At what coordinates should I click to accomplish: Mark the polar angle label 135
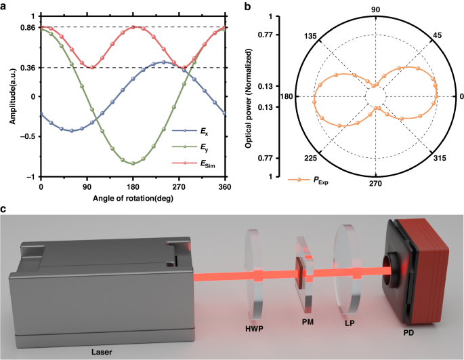pyautogui.click(x=312, y=35)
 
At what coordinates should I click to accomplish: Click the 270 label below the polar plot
pyautogui.click(x=375, y=184)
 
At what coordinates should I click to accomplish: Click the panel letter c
pyautogui.click(x=5, y=207)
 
